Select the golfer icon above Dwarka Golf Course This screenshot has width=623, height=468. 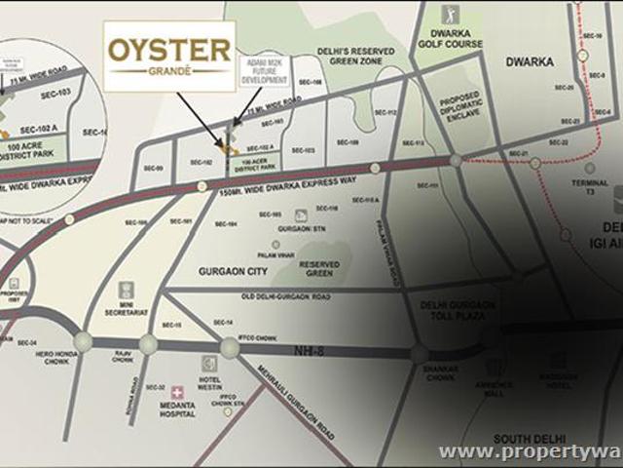(x=449, y=15)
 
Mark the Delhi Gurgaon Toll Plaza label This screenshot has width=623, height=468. (x=458, y=311)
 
